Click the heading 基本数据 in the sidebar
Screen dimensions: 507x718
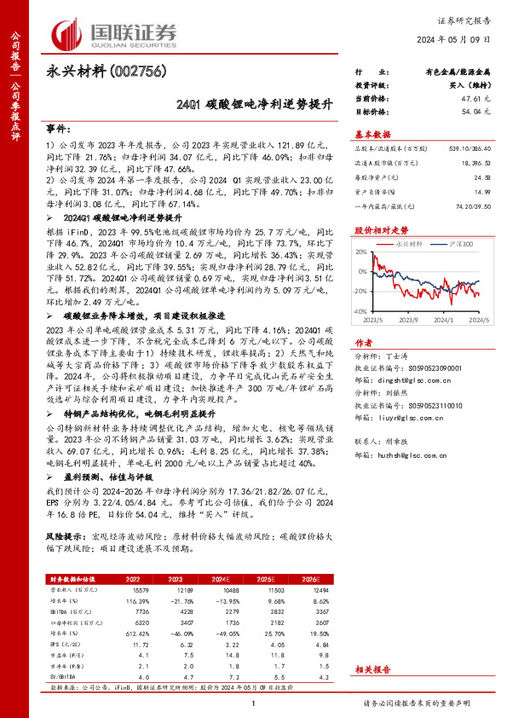tap(372, 134)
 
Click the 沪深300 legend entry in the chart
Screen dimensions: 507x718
tap(458, 243)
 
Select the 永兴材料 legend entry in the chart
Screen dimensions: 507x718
tap(411, 243)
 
